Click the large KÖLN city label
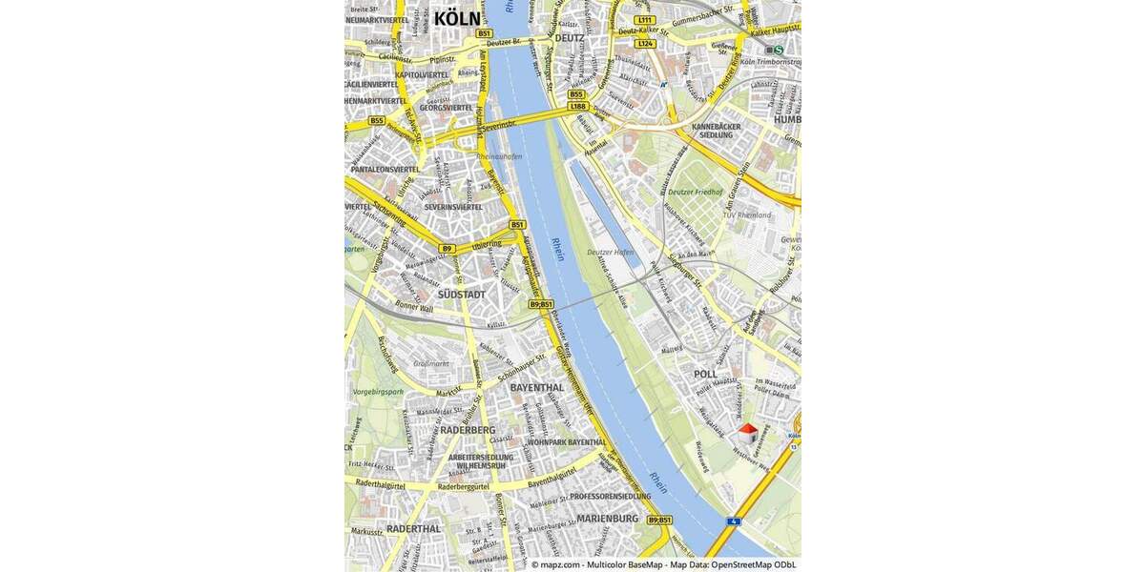point(457,18)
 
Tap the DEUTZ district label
point(570,38)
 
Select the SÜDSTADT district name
point(461,295)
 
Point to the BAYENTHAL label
point(536,388)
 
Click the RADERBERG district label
point(468,430)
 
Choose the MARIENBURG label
point(608,519)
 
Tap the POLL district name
point(705,375)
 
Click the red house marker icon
point(747,433)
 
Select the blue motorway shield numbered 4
point(733,521)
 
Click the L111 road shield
point(645,20)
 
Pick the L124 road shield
point(646,44)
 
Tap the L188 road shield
point(577,106)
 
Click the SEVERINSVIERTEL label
point(453,207)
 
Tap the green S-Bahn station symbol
point(778,50)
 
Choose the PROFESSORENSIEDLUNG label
point(611,497)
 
